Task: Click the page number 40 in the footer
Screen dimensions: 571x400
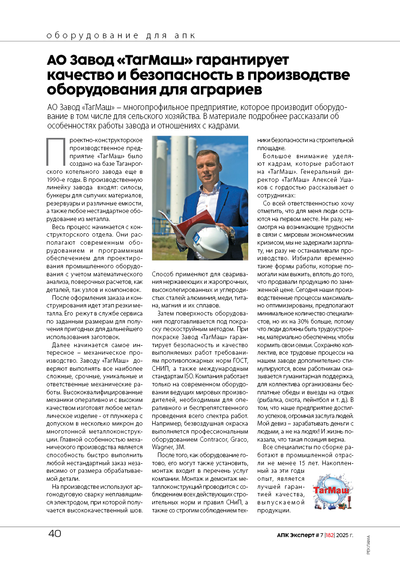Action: (54, 534)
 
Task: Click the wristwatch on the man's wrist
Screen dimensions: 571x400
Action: (231, 231)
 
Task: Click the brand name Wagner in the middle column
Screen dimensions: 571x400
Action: (161, 447)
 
